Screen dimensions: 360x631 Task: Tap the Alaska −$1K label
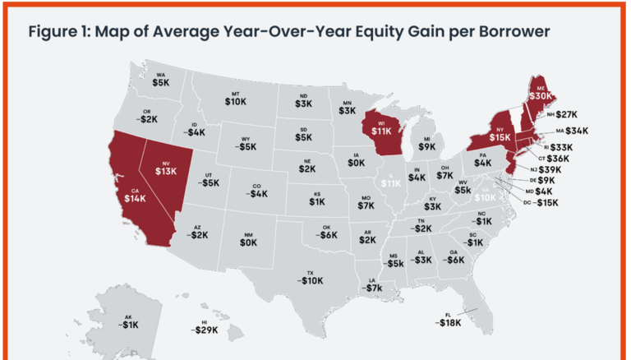127,325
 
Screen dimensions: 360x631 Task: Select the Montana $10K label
235,100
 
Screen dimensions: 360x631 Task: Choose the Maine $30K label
540,95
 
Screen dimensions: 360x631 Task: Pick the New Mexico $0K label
247,242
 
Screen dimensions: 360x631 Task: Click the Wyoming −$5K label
246,145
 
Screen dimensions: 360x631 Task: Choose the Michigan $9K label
426,146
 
